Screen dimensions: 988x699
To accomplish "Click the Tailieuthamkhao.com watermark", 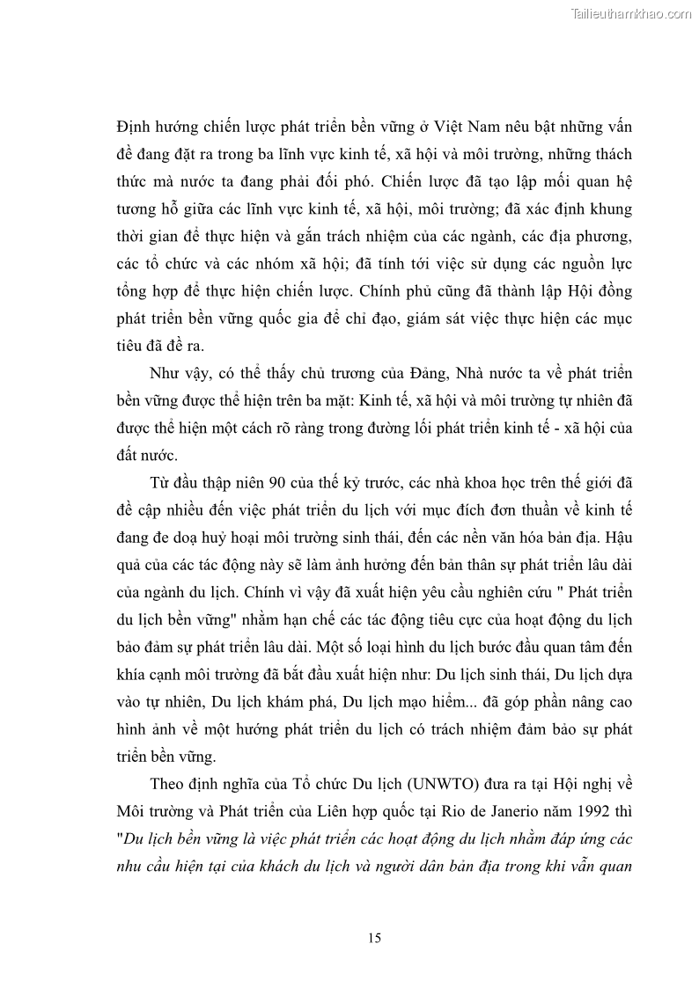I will (631, 13).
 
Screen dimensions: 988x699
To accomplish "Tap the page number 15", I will (375, 938).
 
